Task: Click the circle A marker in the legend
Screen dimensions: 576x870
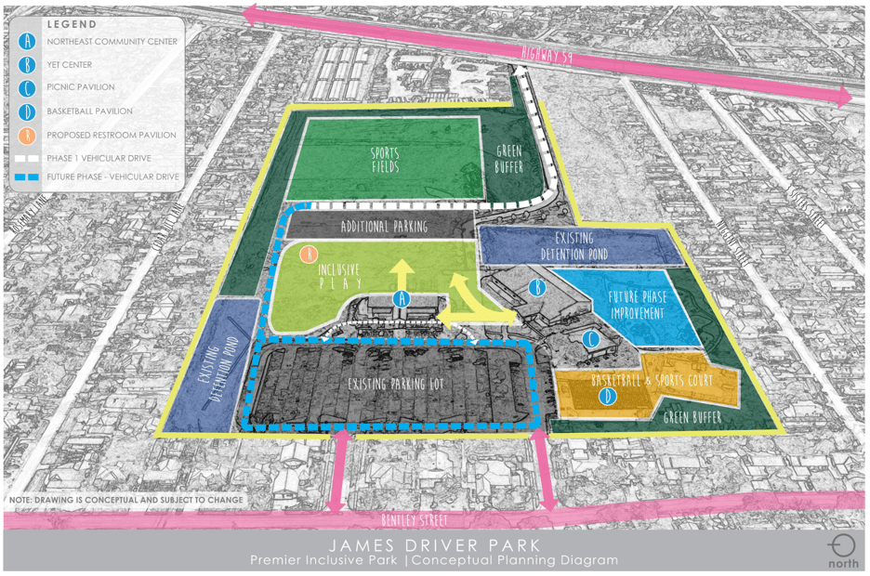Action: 30,42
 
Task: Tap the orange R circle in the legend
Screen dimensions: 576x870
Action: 30,135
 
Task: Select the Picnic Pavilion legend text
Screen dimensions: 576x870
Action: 81,87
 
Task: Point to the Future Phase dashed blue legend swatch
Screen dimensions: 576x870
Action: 29,177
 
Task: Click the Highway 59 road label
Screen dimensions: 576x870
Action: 547,55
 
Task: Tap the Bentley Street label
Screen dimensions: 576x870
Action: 415,520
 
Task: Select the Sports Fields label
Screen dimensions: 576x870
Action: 385,160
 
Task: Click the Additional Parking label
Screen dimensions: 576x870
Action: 384,227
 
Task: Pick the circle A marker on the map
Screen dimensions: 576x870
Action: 402,298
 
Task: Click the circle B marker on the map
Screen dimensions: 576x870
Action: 536,288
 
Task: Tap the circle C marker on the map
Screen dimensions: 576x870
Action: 591,339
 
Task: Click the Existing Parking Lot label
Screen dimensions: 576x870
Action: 393,384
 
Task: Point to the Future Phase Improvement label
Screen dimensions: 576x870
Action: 637,306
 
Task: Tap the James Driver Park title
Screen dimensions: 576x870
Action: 434,544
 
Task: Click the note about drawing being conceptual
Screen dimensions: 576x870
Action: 126,500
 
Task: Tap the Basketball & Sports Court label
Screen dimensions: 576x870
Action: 652,381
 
